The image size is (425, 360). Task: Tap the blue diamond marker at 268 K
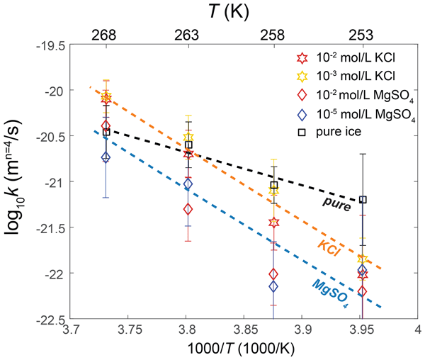pyautogui.click(x=106, y=157)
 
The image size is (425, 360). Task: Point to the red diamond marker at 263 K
pyautogui.click(x=188, y=209)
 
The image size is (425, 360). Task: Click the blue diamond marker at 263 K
pyautogui.click(x=188, y=184)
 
